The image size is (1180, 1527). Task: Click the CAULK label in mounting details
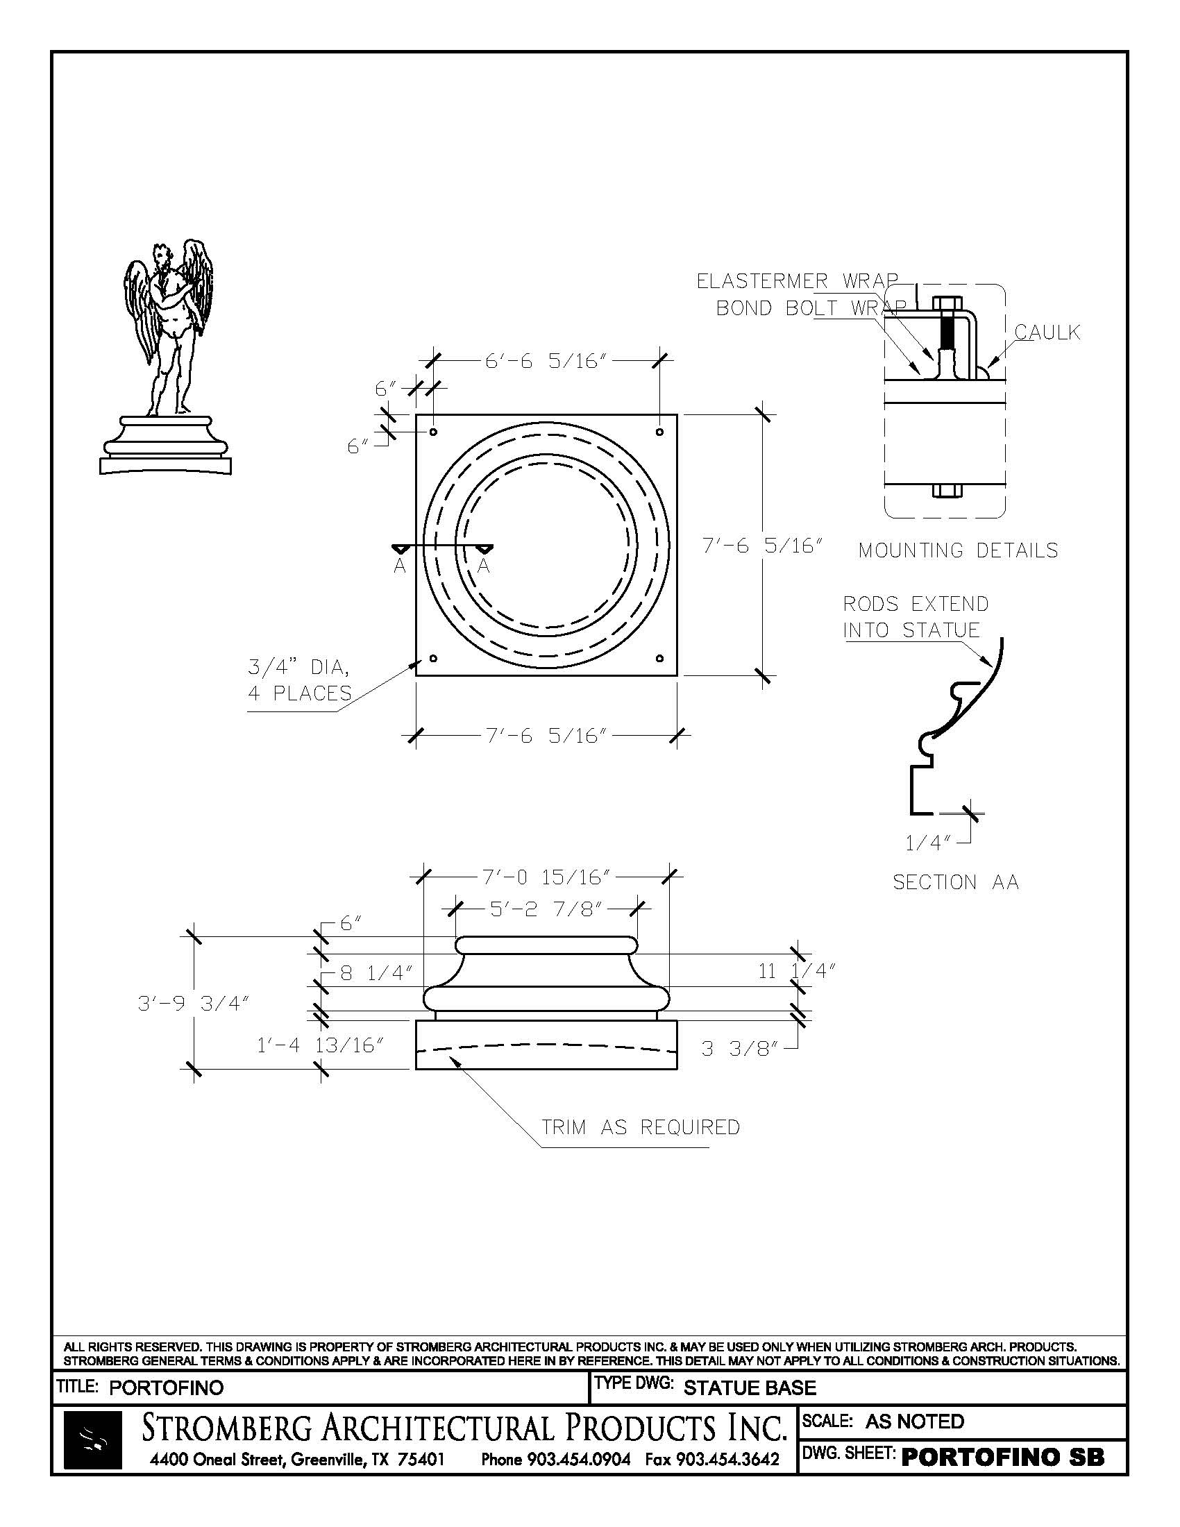(1047, 332)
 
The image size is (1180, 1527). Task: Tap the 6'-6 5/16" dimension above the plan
(545, 362)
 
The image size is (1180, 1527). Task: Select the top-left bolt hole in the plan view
(433, 432)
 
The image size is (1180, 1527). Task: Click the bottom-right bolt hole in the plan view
(660, 658)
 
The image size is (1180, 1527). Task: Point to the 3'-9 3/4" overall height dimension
(194, 1004)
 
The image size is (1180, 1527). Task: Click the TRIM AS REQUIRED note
(641, 1127)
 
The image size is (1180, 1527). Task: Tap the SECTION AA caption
(956, 882)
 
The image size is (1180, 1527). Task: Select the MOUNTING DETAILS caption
(958, 550)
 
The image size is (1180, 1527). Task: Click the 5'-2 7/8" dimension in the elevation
(546, 909)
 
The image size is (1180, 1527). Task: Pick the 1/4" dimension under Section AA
(927, 843)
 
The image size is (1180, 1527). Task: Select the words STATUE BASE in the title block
(750, 1388)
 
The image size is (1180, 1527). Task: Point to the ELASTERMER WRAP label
(797, 281)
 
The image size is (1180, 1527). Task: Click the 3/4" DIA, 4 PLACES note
(299, 680)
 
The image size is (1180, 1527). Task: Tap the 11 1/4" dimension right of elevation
(797, 970)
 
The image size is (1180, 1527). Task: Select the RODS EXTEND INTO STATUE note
(915, 616)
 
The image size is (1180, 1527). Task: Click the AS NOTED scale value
(914, 1421)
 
